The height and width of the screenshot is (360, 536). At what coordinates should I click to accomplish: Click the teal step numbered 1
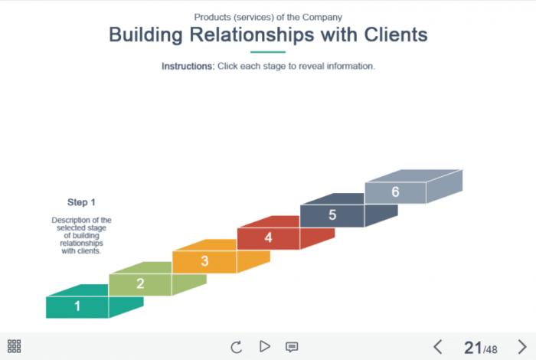click(x=77, y=306)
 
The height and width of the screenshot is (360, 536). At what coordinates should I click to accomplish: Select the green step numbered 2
click(x=140, y=283)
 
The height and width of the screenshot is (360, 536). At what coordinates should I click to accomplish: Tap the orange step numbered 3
click(x=204, y=261)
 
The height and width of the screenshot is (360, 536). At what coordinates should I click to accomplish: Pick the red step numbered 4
click(x=268, y=238)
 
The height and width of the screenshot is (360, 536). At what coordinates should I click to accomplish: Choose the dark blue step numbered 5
click(x=332, y=215)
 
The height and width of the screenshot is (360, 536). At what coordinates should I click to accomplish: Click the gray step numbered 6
click(x=395, y=192)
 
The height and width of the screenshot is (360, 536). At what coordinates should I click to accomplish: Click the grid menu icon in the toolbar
click(x=14, y=346)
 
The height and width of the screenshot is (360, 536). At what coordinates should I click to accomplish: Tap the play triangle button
click(x=265, y=346)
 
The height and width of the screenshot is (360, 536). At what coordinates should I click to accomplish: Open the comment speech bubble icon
click(x=292, y=346)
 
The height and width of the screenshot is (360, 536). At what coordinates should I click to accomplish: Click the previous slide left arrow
click(x=438, y=346)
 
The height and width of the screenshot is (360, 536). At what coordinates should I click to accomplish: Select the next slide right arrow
click(x=522, y=346)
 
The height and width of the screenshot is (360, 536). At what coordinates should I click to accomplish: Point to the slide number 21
click(x=472, y=347)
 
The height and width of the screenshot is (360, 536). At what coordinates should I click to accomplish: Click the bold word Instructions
click(x=188, y=67)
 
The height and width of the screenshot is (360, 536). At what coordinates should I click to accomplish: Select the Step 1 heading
click(x=81, y=202)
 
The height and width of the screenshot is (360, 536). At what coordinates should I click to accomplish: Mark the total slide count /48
click(x=490, y=349)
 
